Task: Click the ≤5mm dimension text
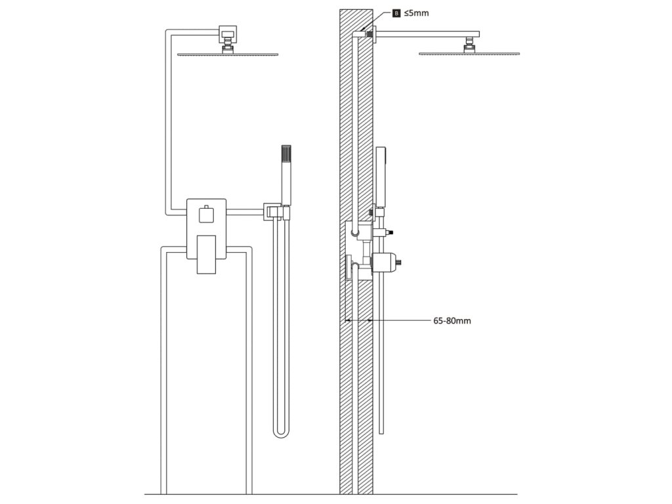[x=417, y=12]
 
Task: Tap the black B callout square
[x=396, y=12]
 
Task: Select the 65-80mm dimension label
[x=452, y=321]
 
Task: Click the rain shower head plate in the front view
[x=228, y=54]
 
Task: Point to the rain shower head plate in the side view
[x=469, y=54]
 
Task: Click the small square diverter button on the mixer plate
[x=207, y=213]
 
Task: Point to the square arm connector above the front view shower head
[x=228, y=31]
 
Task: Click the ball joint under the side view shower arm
[x=469, y=45]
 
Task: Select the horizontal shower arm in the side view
[x=427, y=34]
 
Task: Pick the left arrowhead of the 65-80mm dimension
[x=348, y=321]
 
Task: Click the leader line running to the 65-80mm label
[x=400, y=321]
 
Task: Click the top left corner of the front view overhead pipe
[x=166, y=31]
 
